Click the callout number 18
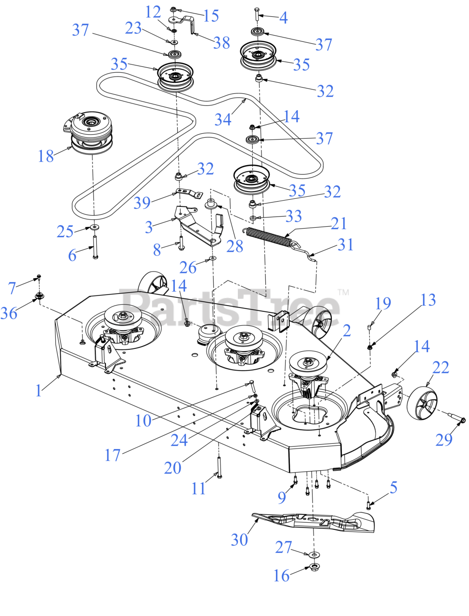coord(46,156)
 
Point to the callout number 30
coord(239,539)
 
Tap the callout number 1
coord(39,390)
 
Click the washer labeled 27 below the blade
coord(313,554)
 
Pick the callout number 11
coord(198,488)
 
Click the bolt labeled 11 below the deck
coord(219,467)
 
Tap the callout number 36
coord(9,313)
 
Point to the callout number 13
coord(428,300)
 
